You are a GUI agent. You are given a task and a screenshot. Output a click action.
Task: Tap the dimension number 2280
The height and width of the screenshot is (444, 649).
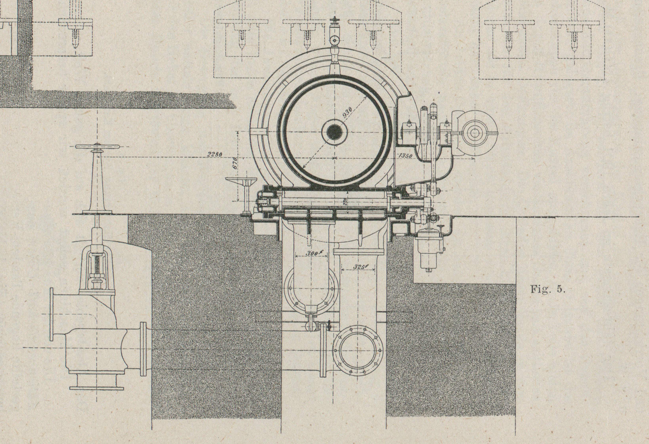(215, 154)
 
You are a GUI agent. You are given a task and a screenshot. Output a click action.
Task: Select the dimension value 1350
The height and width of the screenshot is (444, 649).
(405, 156)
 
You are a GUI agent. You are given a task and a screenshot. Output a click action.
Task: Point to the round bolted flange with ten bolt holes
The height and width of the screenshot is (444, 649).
(358, 350)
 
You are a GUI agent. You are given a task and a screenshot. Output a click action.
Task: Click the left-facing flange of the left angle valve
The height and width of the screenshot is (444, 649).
(52, 314)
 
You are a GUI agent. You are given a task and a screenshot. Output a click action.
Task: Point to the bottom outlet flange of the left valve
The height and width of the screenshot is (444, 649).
(97, 388)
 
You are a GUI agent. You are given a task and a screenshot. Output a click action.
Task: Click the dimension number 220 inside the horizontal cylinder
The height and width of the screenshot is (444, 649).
(345, 202)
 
